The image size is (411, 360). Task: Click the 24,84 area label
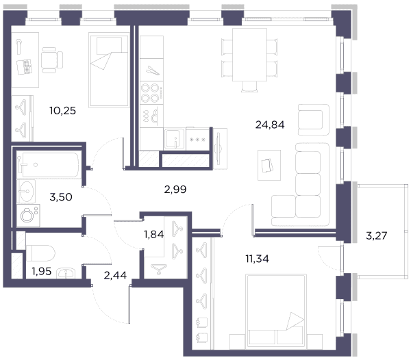(x=270, y=125)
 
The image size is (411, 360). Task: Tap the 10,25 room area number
(x=62, y=111)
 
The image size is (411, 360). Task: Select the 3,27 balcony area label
(x=376, y=235)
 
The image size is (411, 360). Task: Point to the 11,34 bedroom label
(x=257, y=259)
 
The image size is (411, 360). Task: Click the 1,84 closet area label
(x=154, y=234)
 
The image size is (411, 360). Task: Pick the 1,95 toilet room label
(x=41, y=272)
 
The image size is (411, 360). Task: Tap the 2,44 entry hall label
(x=115, y=275)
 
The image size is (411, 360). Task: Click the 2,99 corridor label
(x=175, y=189)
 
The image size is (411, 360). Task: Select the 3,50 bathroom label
(x=61, y=197)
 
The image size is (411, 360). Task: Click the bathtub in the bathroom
(x=48, y=165)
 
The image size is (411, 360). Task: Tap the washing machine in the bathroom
(x=28, y=216)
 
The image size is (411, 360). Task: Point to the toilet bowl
(x=40, y=253)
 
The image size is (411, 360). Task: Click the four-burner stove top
(x=151, y=92)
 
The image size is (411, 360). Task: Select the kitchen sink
(x=174, y=139)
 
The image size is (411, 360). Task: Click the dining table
(x=249, y=55)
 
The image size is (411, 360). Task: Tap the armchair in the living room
(x=314, y=120)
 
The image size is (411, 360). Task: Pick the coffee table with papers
(x=269, y=165)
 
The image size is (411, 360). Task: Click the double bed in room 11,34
(x=276, y=311)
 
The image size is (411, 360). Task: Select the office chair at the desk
(x=52, y=60)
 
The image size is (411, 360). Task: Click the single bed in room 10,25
(x=109, y=70)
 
